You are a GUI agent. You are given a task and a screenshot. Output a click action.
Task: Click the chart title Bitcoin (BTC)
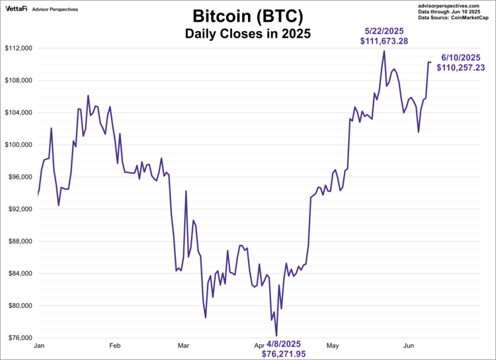coord(247,15)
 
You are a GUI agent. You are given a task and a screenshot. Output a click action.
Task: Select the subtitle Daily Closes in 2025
coord(247,32)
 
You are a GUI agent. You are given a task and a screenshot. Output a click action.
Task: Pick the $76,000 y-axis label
coord(20,337)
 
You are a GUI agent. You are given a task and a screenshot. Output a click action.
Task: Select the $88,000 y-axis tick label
coord(20,242)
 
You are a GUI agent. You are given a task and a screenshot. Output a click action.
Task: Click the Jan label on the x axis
coord(38,345)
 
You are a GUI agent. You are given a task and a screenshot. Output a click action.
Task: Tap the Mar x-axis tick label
coord(184,345)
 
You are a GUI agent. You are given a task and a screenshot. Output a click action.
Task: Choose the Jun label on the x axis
coord(409,345)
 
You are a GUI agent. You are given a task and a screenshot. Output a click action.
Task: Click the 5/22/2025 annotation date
coord(384,31)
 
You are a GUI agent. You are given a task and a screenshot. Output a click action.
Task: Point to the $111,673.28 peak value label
coord(384,41)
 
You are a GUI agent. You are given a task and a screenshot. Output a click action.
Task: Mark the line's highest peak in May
coord(384,50)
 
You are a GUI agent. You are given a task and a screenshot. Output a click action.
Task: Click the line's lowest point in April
coord(276,336)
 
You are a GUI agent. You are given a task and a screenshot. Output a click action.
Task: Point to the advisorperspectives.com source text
coord(456,5)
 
